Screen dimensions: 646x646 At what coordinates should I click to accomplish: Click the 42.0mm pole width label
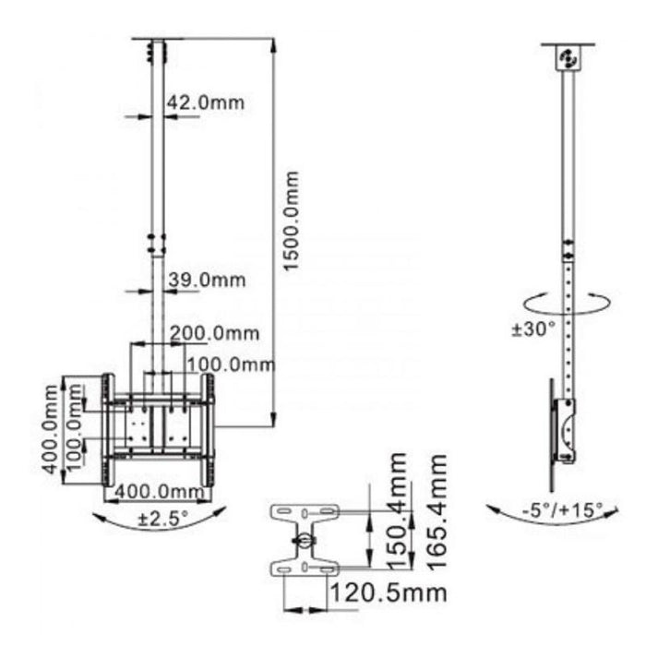[x=205, y=102]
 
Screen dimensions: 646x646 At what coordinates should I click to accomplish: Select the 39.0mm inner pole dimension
[x=206, y=280]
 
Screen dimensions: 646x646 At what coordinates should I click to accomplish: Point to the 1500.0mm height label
[x=292, y=221]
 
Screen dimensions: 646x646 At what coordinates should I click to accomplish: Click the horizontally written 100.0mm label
[x=230, y=365]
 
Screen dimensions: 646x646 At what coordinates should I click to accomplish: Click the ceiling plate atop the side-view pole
[x=568, y=57]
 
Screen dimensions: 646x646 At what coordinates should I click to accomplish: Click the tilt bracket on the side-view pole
[x=565, y=430]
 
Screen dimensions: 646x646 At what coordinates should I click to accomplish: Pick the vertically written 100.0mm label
[x=77, y=430]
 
